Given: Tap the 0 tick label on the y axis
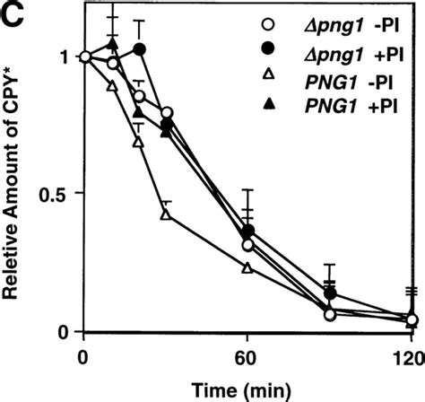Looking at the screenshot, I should point(60,331).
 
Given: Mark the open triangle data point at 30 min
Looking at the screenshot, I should point(165,214).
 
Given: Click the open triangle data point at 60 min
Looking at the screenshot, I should point(247,267).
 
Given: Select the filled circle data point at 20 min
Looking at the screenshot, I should point(138,48).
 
